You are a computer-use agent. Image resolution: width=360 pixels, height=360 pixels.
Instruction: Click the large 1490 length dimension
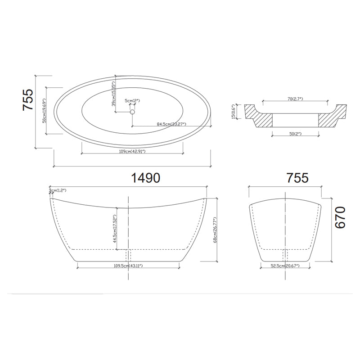[145, 178]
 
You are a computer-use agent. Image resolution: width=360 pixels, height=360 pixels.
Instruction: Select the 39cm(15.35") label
[114, 94]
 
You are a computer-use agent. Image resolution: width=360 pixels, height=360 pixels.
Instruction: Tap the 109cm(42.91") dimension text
[132, 152]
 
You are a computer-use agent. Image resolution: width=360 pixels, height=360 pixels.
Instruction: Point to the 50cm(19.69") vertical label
[44, 111]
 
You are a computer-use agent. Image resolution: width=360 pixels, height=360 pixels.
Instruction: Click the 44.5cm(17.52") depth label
[115, 228]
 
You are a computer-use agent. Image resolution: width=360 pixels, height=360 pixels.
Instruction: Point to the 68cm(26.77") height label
[216, 228]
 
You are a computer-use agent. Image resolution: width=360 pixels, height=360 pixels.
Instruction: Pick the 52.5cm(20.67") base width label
[285, 266]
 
